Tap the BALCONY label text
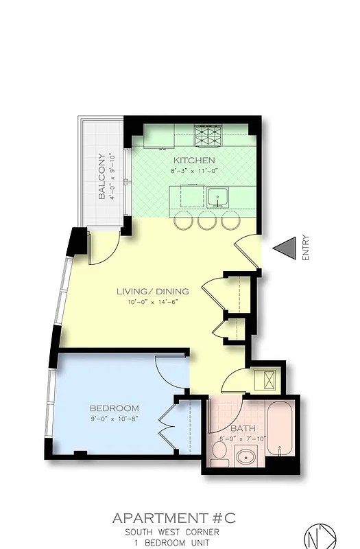pos(101,176)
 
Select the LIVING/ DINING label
pos(152,291)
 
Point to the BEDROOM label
pos(114,408)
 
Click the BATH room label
pos(243,429)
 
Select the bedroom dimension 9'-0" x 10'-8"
pos(114,418)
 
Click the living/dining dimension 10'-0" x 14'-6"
pos(152,302)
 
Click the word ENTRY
pos(305,248)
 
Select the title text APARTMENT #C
pos(173,519)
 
